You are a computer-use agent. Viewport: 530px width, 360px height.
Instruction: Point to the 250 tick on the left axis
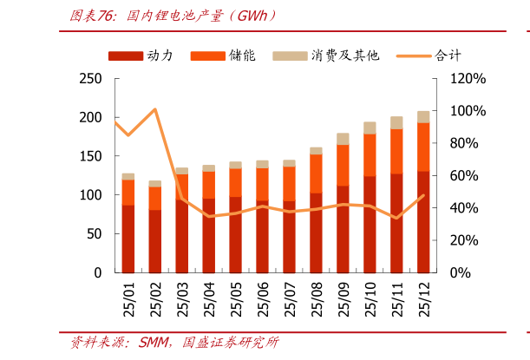90,79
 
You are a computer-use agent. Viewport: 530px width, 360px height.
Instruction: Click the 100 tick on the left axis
90,195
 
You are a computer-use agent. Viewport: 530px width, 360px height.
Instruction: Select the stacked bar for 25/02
155,226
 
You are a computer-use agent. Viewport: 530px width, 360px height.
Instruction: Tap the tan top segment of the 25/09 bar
343,139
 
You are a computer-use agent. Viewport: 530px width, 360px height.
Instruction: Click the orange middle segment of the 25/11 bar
396,151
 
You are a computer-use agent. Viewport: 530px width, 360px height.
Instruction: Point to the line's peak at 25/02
154,109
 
